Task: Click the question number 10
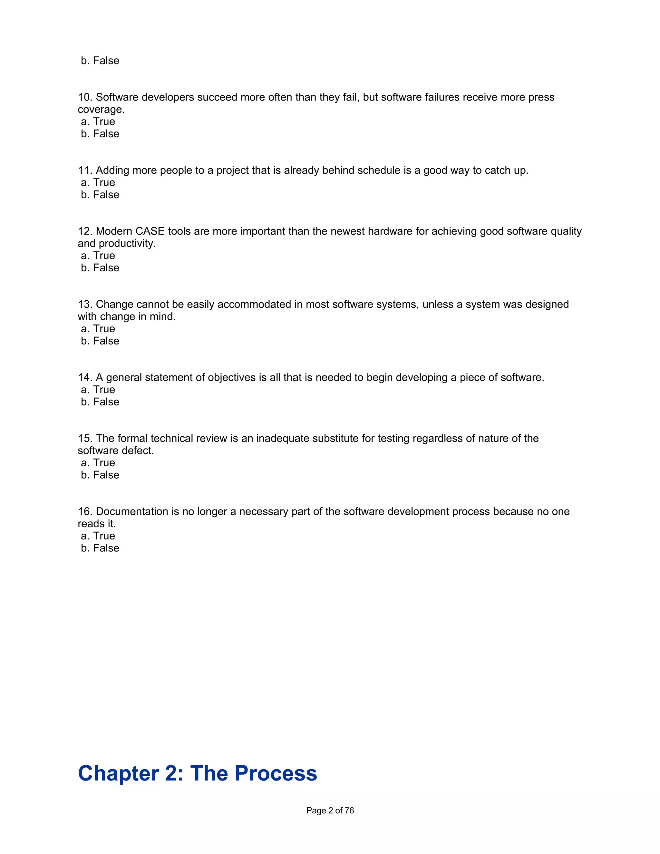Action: [x=84, y=97]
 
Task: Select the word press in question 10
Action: [x=541, y=97]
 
